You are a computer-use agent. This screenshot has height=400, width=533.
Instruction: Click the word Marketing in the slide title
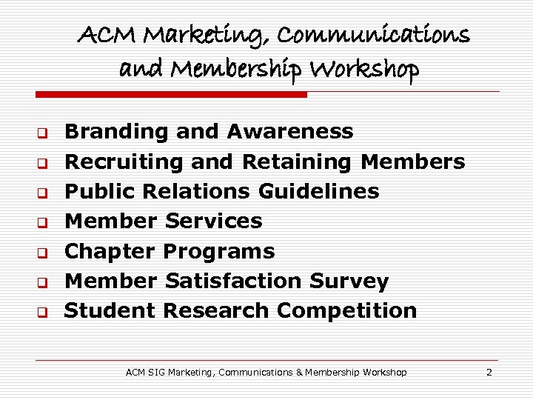[186, 36]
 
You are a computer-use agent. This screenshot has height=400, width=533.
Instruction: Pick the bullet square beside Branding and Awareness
[43, 134]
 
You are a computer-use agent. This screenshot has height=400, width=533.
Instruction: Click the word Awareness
[290, 132]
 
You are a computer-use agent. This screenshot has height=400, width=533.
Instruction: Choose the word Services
[214, 221]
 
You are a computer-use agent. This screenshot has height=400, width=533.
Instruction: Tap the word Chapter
[110, 251]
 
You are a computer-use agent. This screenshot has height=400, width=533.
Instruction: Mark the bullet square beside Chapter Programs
[43, 253]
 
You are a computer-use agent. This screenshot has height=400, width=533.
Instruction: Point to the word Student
[110, 310]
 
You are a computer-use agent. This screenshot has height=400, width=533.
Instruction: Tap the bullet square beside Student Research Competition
[43, 313]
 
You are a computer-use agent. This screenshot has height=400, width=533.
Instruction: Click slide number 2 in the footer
[489, 372]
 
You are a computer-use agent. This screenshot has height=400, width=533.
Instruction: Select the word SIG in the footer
[157, 372]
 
